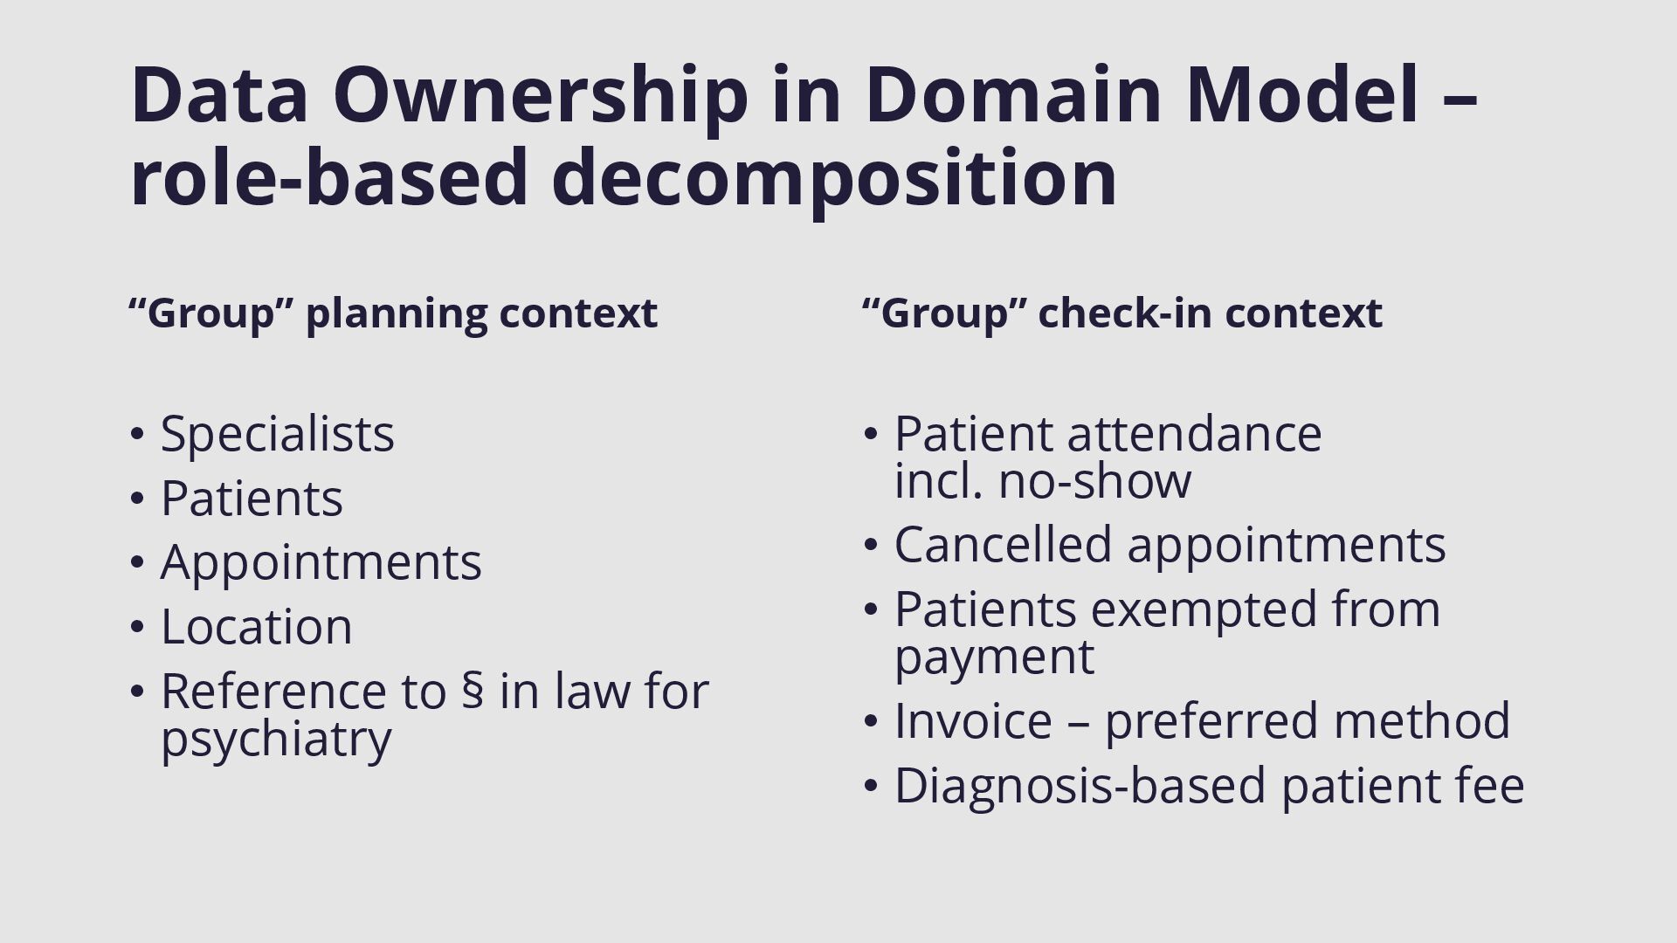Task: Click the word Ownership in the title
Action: tap(540, 96)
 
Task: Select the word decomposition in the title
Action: tap(834, 178)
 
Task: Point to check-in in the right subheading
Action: tap(1123, 313)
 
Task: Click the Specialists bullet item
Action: tap(277, 433)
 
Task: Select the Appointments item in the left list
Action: tap(321, 561)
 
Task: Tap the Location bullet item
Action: tap(256, 626)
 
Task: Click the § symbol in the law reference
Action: tap(473, 691)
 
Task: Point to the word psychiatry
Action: tap(276, 739)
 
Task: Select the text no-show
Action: tap(1094, 480)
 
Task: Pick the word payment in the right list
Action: tap(993, 657)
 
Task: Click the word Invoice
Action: tap(972, 720)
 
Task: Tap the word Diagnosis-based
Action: tap(1080, 786)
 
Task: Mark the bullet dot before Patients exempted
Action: tap(869, 609)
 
